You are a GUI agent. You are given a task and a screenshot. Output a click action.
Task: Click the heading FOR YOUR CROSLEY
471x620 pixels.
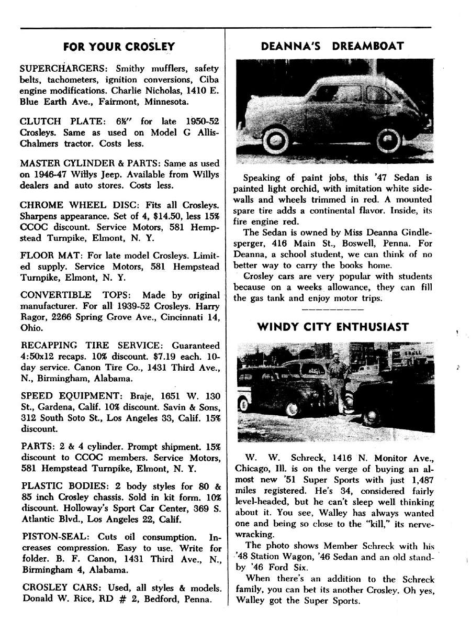[119, 47]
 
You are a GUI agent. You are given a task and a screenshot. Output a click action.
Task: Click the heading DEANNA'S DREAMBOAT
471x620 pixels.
[332, 46]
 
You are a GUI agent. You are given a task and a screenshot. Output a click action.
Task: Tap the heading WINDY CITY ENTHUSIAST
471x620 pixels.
[333, 327]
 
